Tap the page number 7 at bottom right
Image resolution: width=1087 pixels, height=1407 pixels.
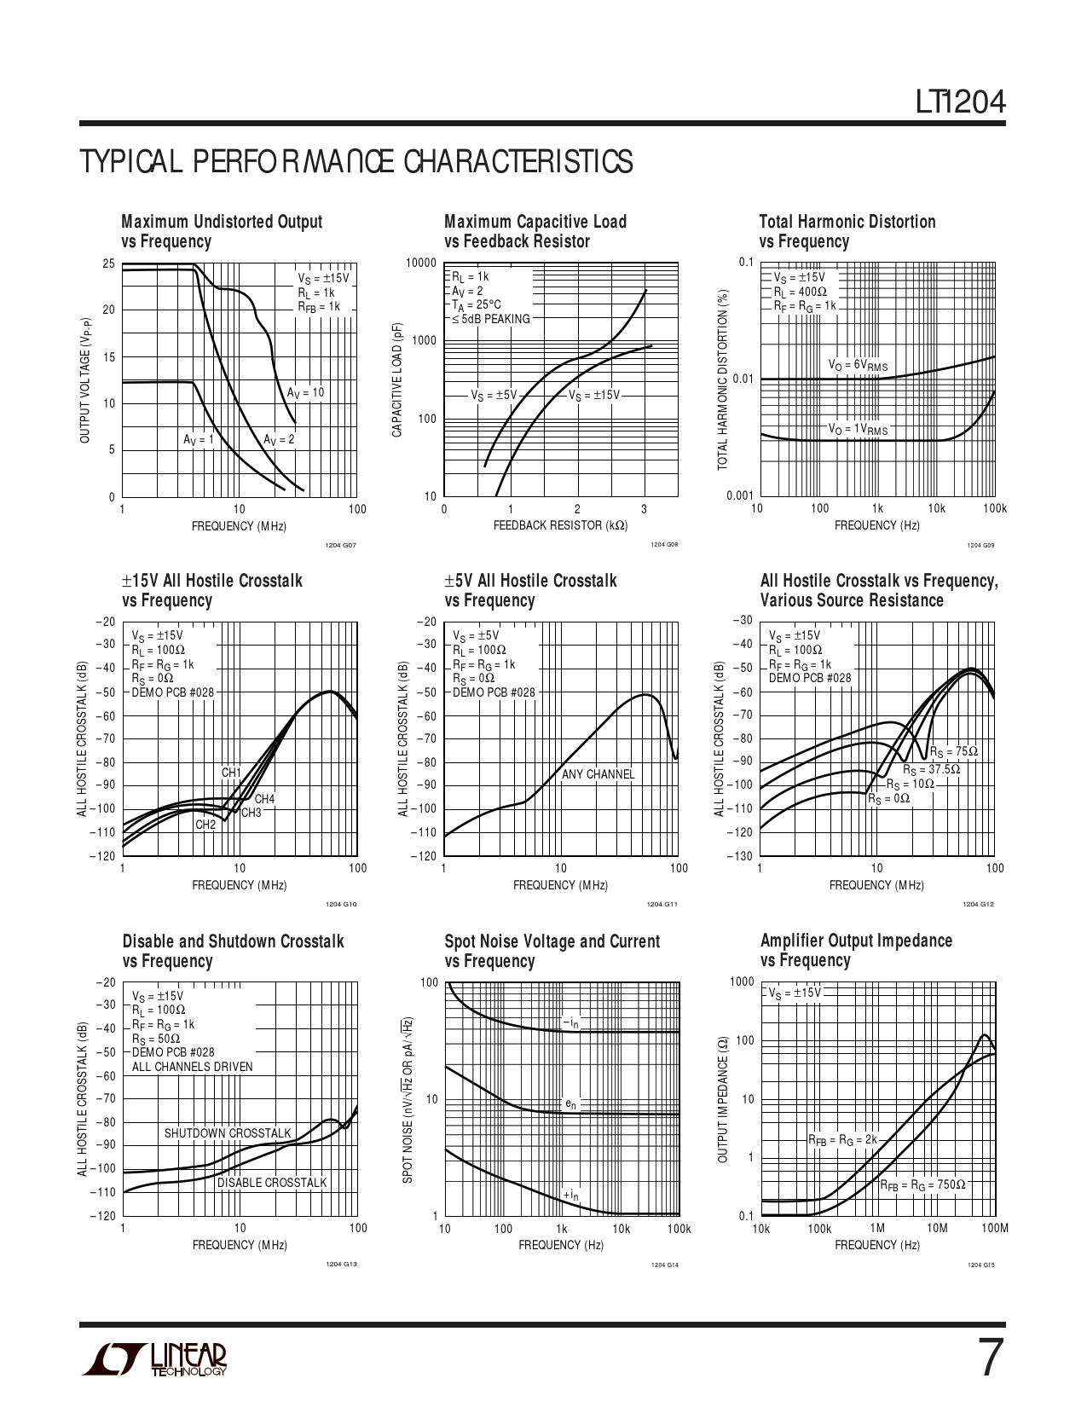(x=987, y=1358)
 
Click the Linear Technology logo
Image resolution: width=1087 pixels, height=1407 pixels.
(x=154, y=1359)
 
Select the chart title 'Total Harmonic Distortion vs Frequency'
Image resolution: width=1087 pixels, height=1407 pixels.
(x=847, y=231)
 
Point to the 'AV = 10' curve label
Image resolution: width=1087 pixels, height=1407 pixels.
(x=305, y=393)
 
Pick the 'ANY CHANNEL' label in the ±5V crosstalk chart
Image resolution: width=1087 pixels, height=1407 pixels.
(x=598, y=774)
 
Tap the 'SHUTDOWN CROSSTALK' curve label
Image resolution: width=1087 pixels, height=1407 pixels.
(x=228, y=1133)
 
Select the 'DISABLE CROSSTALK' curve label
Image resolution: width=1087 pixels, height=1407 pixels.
(x=271, y=1183)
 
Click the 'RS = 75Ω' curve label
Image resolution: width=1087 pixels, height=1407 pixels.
(x=953, y=752)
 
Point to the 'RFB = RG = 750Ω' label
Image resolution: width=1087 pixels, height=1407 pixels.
(x=922, y=1185)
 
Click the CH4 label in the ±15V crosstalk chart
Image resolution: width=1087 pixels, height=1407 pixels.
(x=264, y=799)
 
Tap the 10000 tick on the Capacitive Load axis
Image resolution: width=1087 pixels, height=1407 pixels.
(x=421, y=263)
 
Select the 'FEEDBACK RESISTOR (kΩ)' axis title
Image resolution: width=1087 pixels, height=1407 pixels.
(x=560, y=525)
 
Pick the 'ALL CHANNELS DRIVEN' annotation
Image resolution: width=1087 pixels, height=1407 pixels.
(x=192, y=1067)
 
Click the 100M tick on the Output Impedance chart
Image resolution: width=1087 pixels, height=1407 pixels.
(x=995, y=1228)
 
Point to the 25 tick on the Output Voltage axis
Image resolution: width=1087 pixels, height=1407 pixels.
(x=108, y=263)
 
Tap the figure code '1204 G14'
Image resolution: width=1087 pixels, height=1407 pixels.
(x=666, y=1264)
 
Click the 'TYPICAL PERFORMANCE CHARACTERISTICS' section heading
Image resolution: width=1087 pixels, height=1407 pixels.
(x=356, y=161)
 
